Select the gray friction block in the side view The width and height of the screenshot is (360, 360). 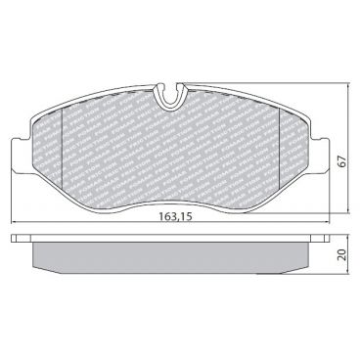pos(172,255)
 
